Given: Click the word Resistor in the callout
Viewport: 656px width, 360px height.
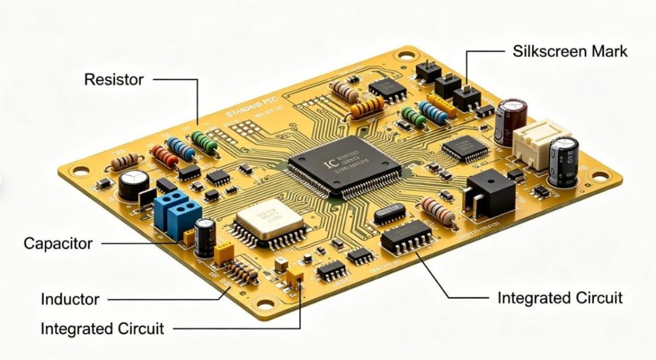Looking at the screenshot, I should [x=114, y=80].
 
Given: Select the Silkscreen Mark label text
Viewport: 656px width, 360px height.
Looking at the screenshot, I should [x=570, y=51].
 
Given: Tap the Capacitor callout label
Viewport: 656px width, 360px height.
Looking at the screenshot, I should [x=58, y=243].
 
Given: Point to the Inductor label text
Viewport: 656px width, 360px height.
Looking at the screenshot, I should [x=70, y=299].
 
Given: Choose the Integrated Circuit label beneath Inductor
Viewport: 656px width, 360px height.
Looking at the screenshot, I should [x=102, y=329].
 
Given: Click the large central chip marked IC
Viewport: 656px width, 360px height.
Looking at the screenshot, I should [x=345, y=165].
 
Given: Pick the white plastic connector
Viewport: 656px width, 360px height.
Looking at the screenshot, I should [x=534, y=143].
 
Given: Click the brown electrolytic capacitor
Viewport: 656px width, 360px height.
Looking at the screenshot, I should [x=514, y=120].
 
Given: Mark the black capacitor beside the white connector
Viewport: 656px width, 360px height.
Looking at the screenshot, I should [x=564, y=160].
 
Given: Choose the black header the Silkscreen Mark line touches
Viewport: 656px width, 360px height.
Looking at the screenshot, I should [x=467, y=96].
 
